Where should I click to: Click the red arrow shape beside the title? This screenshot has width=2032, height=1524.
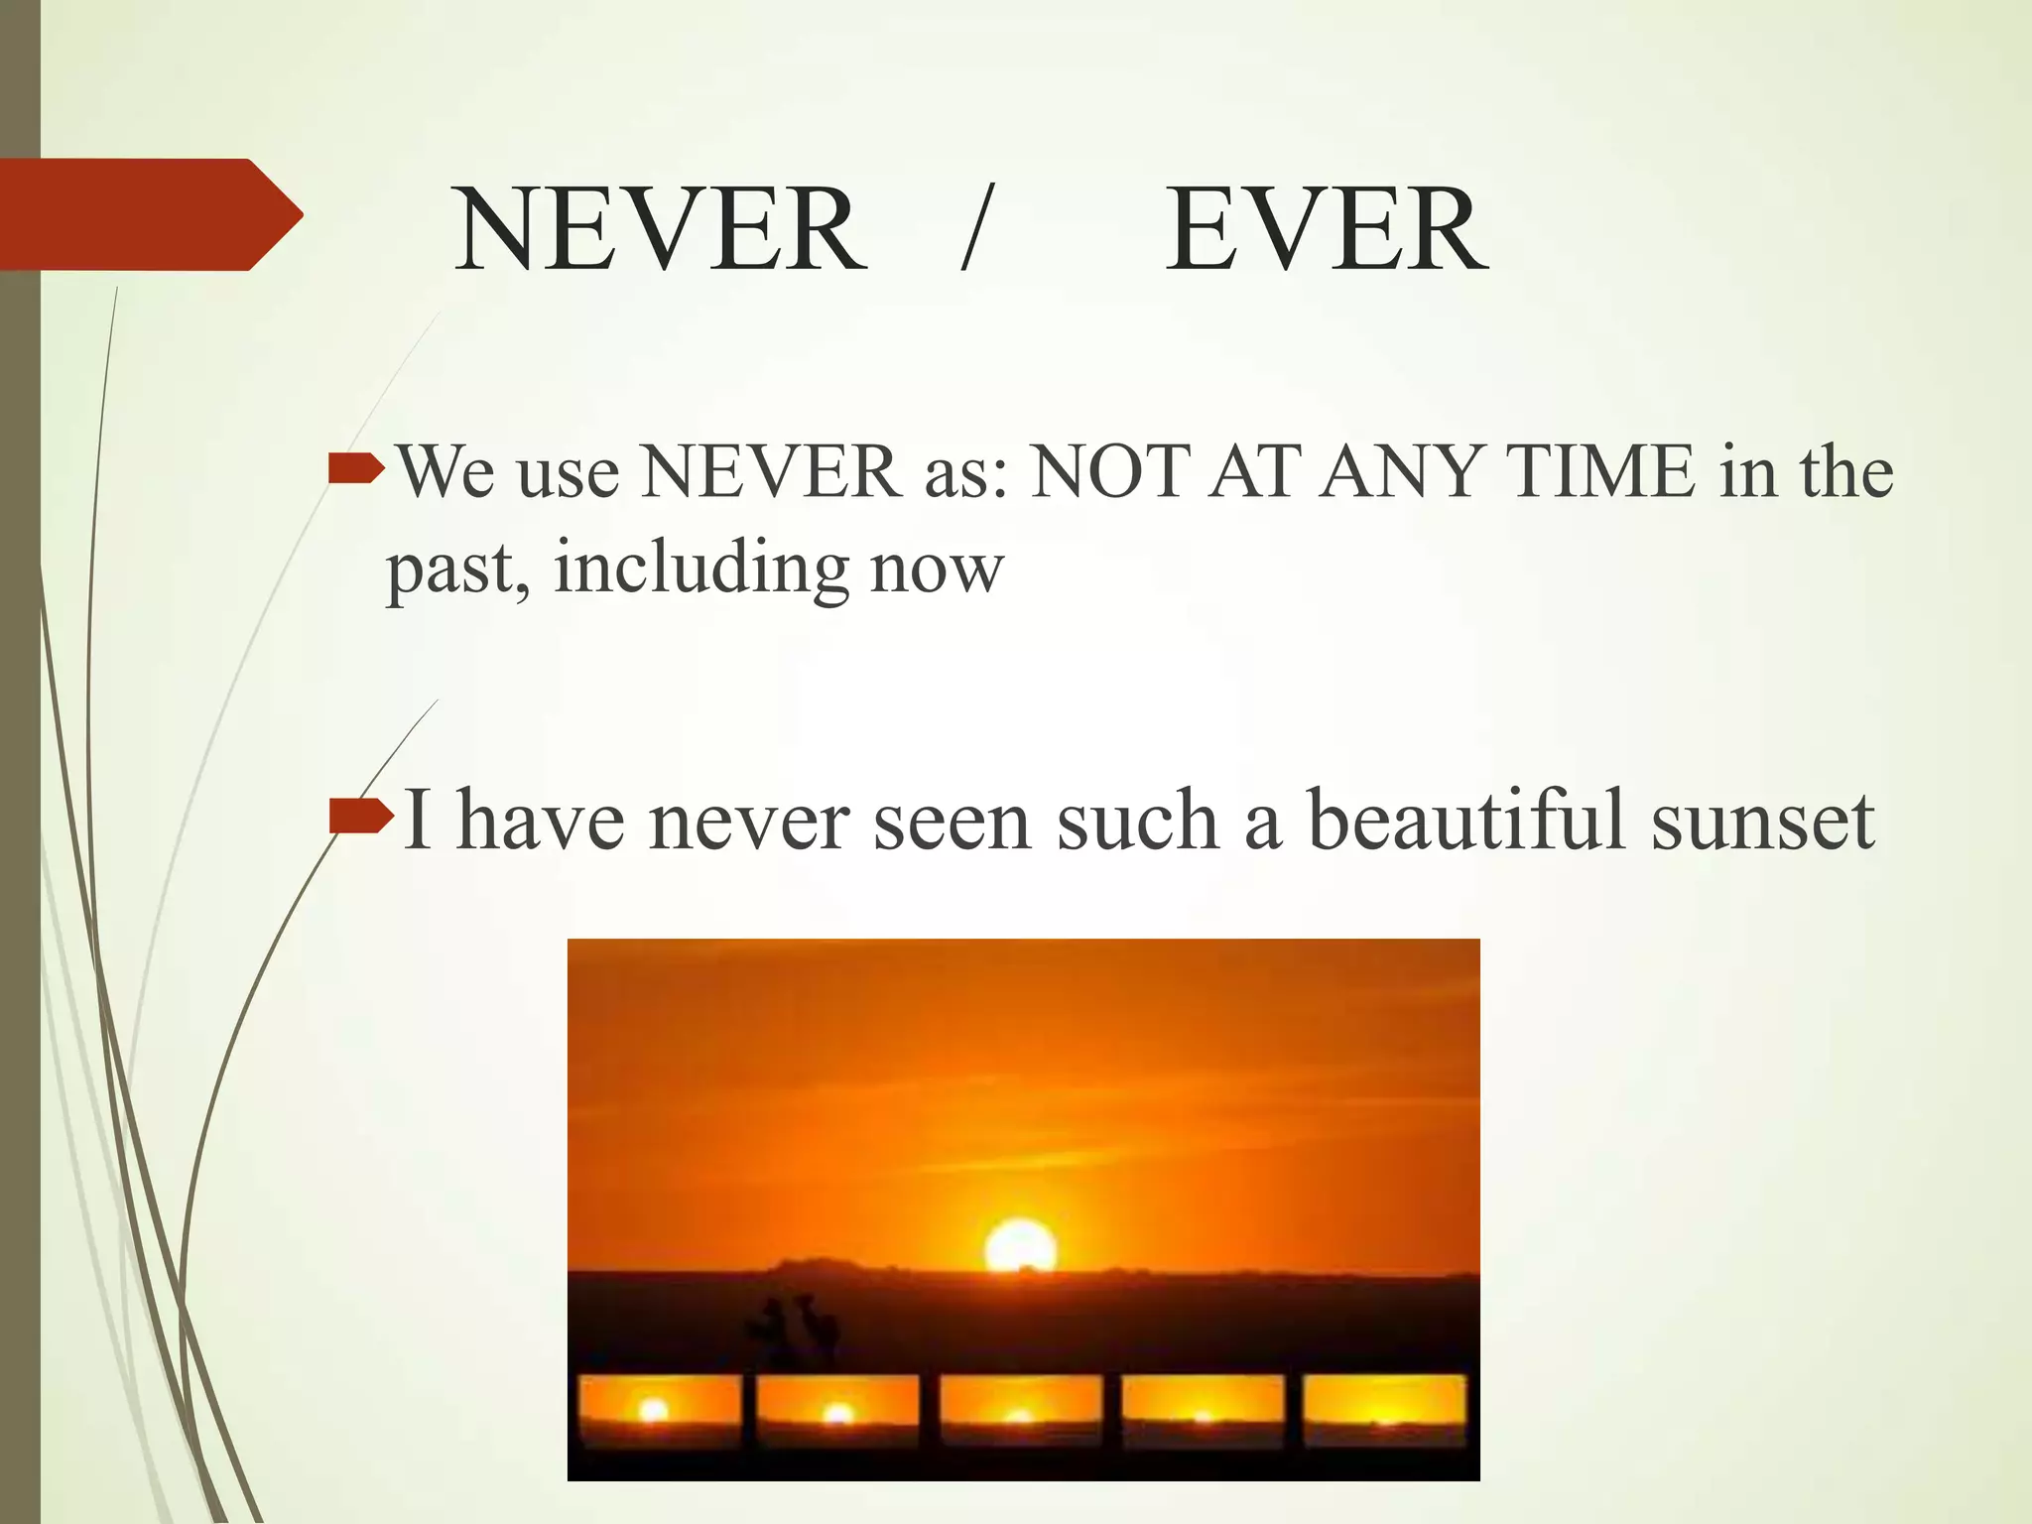tap(149, 214)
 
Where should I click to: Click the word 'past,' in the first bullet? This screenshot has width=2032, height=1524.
tap(457, 571)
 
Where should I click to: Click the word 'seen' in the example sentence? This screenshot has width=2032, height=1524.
tap(952, 822)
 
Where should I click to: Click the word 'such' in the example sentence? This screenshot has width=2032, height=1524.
tap(1137, 822)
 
